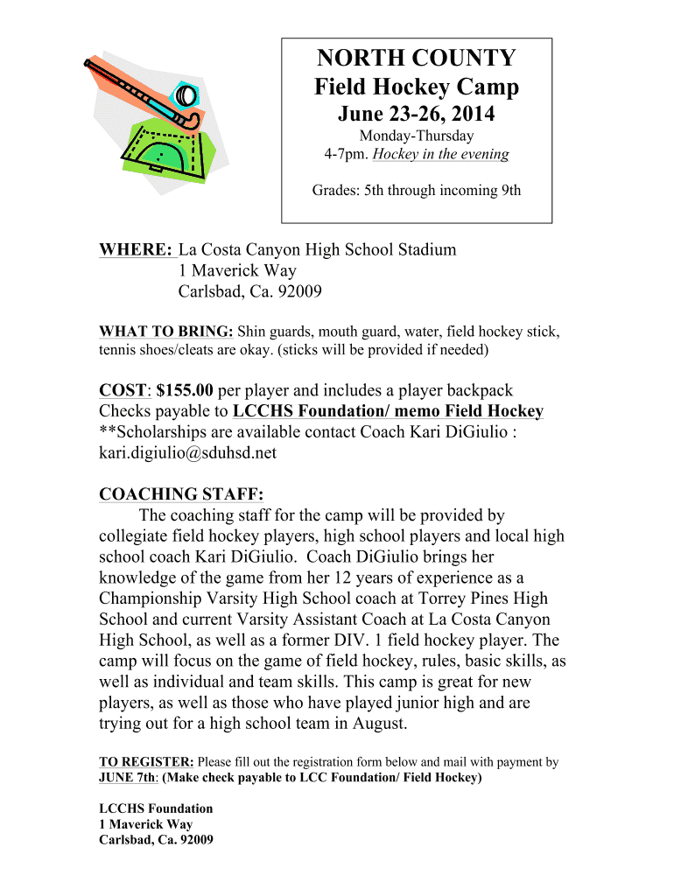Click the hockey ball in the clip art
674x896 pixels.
pyautogui.click(x=186, y=94)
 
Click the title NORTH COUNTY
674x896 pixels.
pyautogui.click(x=416, y=59)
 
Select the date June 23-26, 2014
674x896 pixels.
pyautogui.click(x=416, y=114)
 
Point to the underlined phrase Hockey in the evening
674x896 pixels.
pyautogui.click(x=440, y=155)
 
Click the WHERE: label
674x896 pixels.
pyautogui.click(x=136, y=249)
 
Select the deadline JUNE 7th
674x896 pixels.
pyautogui.click(x=127, y=778)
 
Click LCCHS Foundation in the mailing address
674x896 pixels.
pyautogui.click(x=156, y=808)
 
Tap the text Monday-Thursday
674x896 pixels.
pyautogui.click(x=416, y=136)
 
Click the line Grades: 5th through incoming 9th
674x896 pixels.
pyautogui.click(x=416, y=190)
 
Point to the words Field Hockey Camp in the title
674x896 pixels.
pyautogui.click(x=416, y=87)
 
